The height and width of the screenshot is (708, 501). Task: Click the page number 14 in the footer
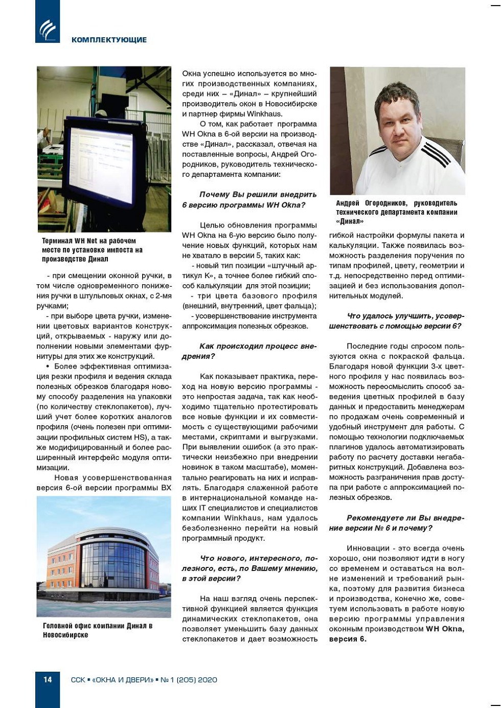click(48, 679)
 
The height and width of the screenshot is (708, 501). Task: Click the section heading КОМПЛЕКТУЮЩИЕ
click(109, 40)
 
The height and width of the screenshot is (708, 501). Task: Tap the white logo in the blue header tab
click(48, 30)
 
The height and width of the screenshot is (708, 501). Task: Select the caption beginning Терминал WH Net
click(92, 250)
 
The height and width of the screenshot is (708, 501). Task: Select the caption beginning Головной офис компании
click(97, 630)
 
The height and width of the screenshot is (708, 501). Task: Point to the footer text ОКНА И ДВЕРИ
click(123, 680)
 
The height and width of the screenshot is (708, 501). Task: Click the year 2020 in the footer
click(207, 680)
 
